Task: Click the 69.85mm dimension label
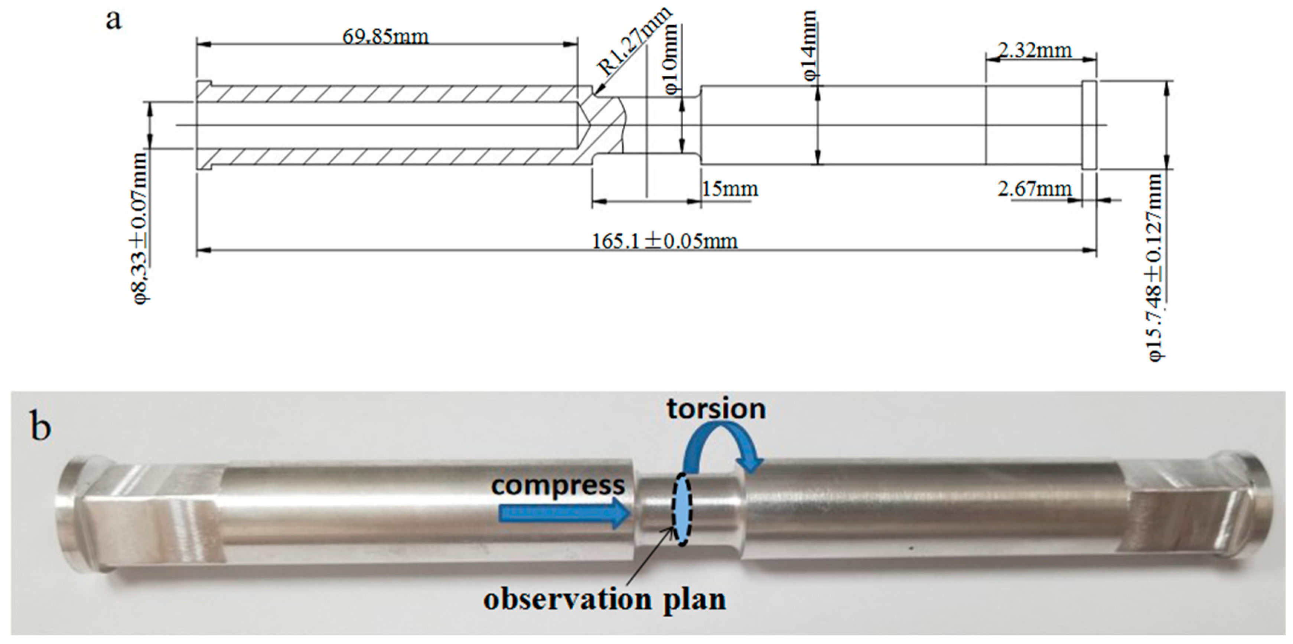(x=385, y=37)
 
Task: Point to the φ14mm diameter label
(x=810, y=46)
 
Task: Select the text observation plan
(x=605, y=599)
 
